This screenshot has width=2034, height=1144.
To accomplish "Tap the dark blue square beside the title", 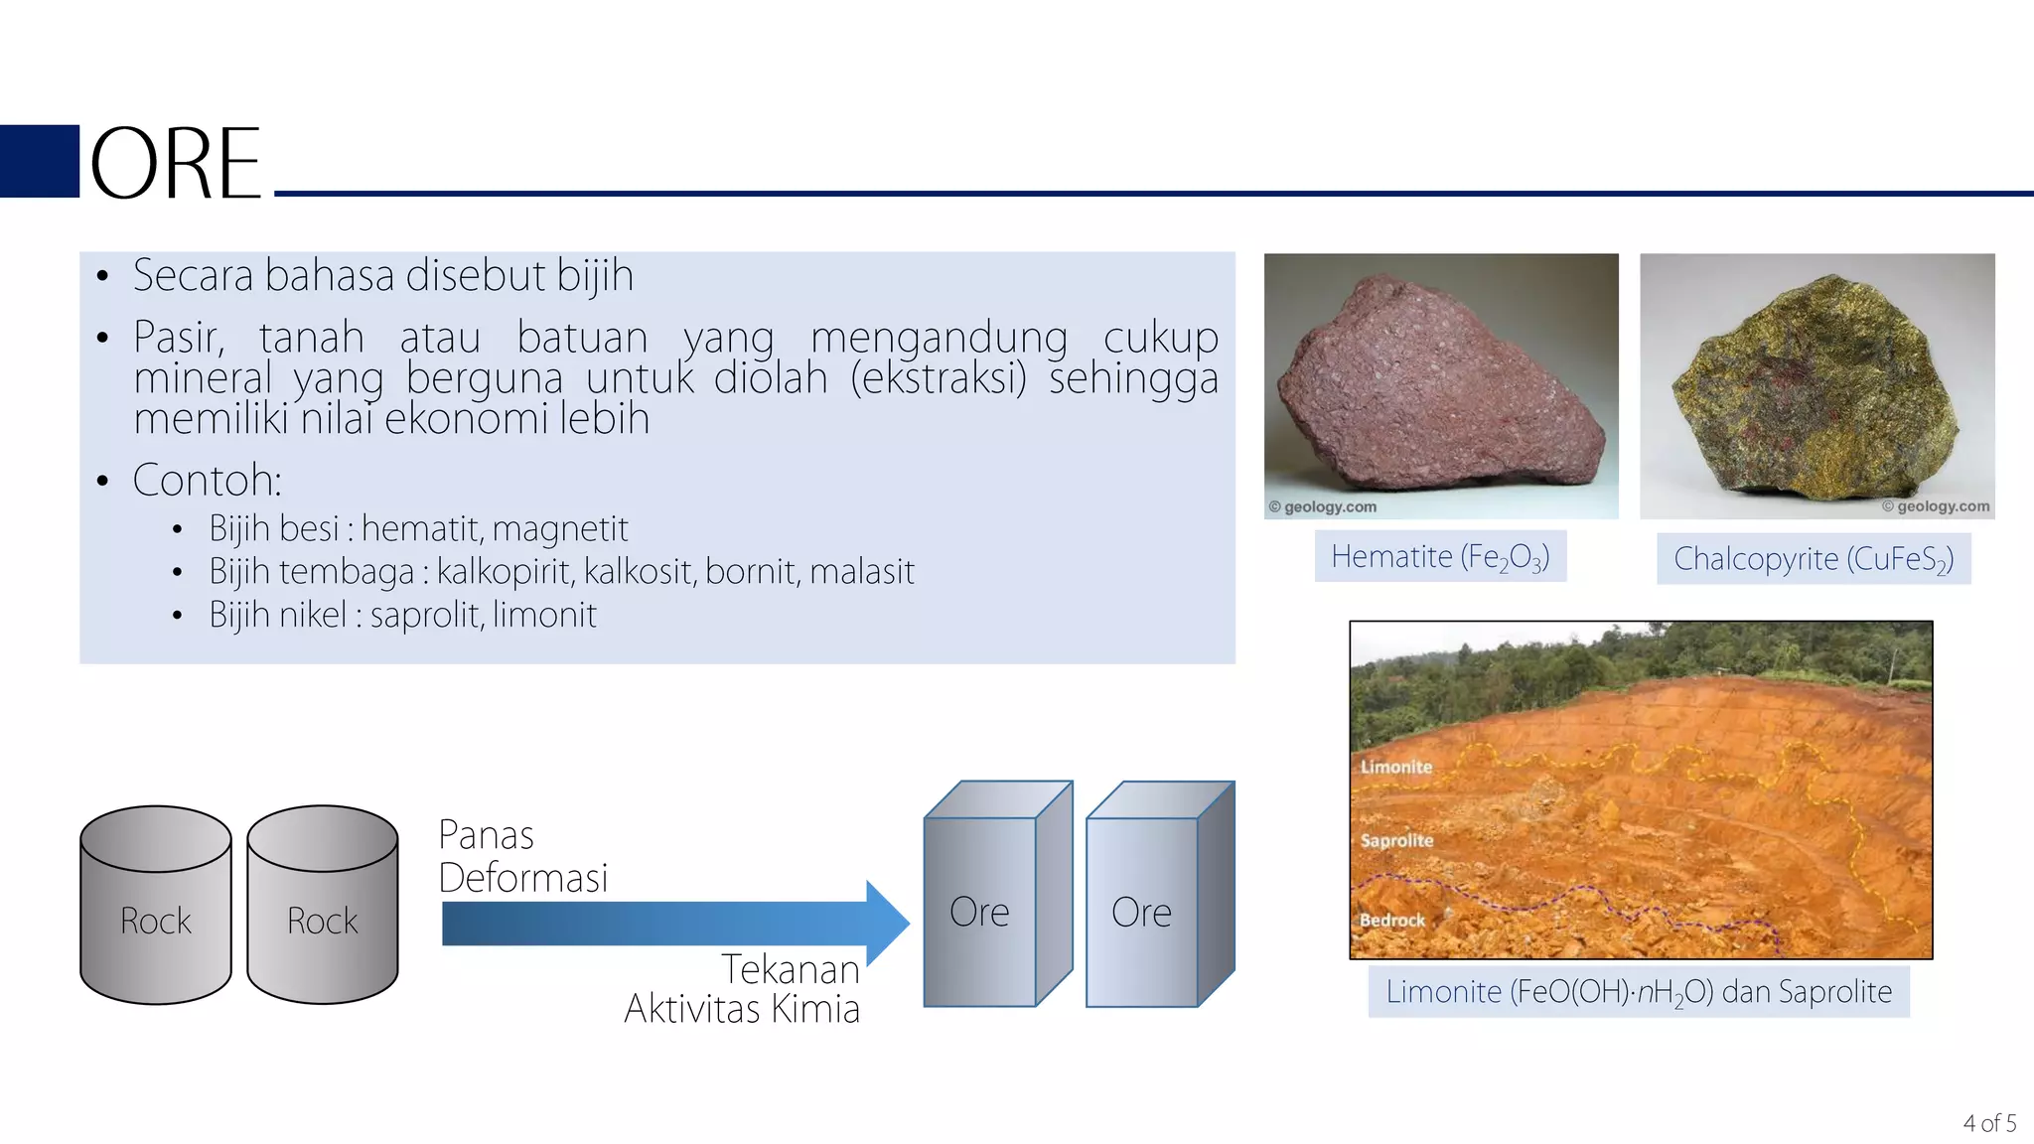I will pos(40,161).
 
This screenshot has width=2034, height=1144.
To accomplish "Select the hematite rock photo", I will pos(1440,385).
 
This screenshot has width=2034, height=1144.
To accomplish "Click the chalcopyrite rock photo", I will pos(1816,385).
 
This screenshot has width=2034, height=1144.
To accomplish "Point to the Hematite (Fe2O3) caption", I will pos(1440,557).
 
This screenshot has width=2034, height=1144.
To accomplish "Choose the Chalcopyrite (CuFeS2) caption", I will pos(1814,559).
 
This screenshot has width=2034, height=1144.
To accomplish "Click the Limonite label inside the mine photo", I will pos(1396,767).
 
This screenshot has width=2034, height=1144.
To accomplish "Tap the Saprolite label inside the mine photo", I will pos(1396,840).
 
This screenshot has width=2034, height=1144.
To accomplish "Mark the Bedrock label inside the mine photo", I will pos(1391,921).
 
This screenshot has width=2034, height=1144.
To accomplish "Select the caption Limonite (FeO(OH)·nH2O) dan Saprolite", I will pos(1639,992).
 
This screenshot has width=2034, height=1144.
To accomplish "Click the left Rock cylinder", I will pos(156,906).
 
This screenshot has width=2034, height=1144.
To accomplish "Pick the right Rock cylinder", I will pos(323,906).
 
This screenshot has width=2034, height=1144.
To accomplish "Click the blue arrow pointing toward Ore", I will pos(675,924).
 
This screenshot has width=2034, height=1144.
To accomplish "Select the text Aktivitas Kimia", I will pos(742,1009).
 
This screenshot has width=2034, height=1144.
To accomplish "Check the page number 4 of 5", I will pos(1989,1123).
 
